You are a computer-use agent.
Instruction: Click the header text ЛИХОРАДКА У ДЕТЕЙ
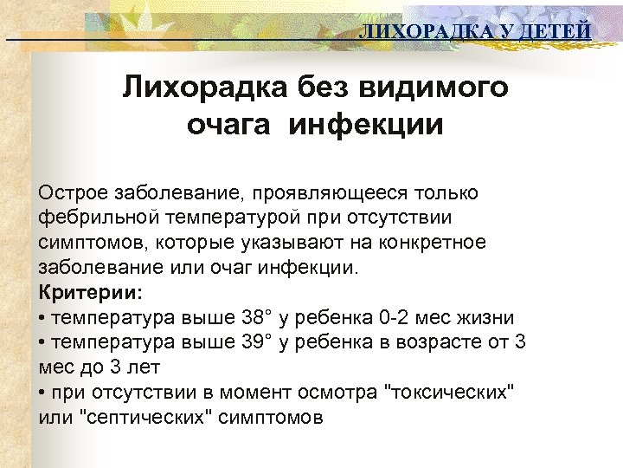pyautogui.click(x=475, y=32)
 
